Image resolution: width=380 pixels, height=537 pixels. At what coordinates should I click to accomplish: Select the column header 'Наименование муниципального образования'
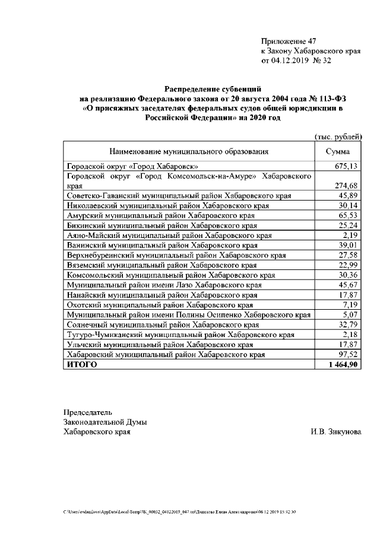188,152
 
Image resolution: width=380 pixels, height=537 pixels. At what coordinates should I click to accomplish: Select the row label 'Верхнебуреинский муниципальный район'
176,255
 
